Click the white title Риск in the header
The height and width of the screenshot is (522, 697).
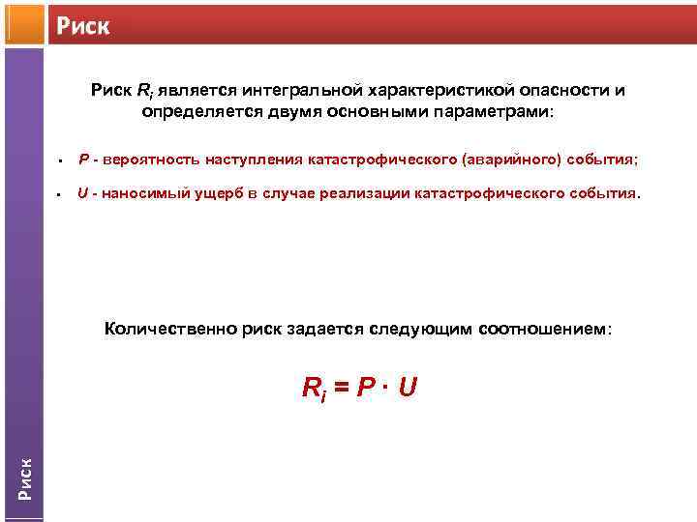[82, 25]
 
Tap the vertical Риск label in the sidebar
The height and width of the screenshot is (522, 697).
[26, 477]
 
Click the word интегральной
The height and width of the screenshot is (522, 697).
[294, 91]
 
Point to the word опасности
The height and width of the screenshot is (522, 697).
[561, 91]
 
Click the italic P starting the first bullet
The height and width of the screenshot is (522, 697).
[84, 159]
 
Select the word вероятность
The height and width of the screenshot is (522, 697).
[151, 159]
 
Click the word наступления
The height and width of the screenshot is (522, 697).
[257, 159]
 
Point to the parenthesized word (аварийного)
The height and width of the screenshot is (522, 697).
[522, 159]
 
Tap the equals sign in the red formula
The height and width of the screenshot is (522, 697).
[341, 389]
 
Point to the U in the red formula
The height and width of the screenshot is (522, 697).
[407, 388]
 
